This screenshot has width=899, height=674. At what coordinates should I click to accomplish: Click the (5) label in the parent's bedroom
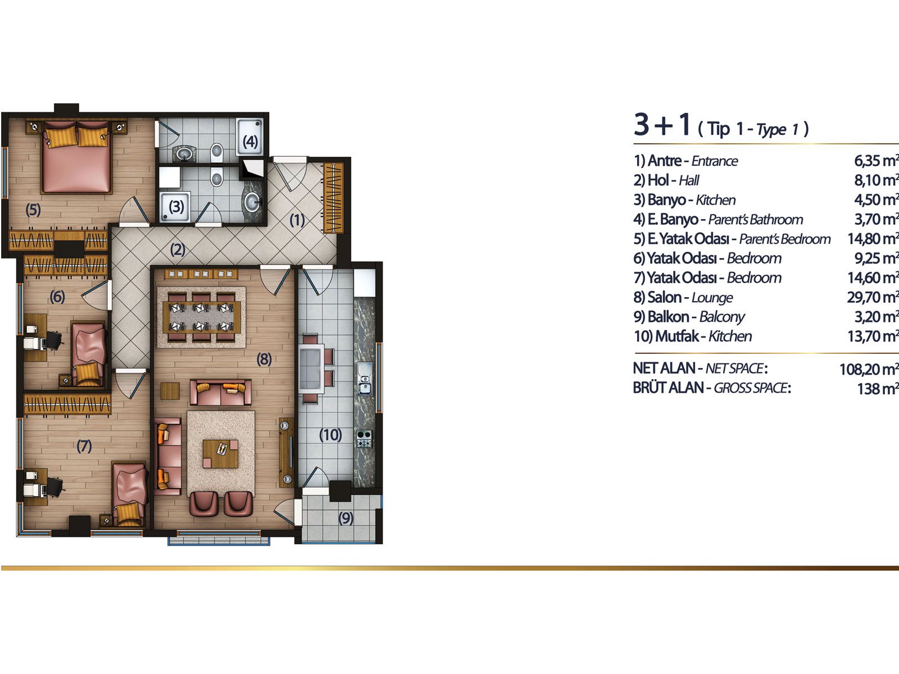[33, 210]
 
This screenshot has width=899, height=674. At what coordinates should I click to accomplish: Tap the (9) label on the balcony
[346, 518]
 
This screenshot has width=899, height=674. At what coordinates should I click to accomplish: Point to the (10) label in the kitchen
[330, 435]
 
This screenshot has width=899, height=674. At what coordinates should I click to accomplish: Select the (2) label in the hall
[178, 249]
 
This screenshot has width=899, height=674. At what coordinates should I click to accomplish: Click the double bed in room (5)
[76, 157]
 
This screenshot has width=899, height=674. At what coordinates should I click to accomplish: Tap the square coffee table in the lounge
[220, 454]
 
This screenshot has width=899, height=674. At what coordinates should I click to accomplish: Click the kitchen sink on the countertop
[365, 379]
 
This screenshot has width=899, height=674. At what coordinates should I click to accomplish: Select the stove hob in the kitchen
[364, 438]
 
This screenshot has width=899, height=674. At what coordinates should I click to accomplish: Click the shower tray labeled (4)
[250, 137]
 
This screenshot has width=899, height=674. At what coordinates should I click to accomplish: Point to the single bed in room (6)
[89, 354]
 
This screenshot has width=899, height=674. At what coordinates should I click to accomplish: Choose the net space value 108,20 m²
[869, 369]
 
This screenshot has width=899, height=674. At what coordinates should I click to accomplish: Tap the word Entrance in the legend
[715, 161]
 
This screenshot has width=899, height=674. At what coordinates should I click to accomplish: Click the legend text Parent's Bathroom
[756, 220]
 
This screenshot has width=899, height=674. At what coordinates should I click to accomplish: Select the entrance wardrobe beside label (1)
[333, 198]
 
